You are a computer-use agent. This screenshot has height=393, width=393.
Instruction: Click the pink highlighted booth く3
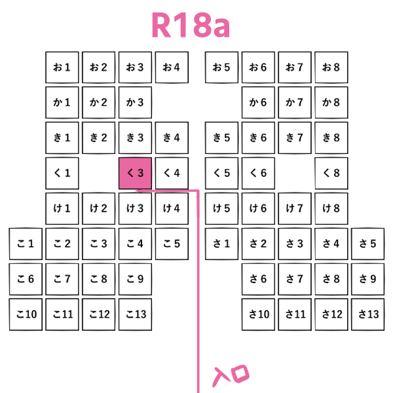pyautogui.click(x=135, y=174)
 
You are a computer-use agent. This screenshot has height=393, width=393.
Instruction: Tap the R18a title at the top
pyautogui.click(x=190, y=26)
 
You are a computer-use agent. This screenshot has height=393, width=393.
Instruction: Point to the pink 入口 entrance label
pyautogui.click(x=233, y=376)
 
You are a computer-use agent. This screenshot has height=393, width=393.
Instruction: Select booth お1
pyautogui.click(x=62, y=67)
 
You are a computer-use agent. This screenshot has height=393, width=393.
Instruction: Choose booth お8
pyautogui.click(x=331, y=67)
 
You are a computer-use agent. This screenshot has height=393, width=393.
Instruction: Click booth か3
pyautogui.click(x=135, y=103)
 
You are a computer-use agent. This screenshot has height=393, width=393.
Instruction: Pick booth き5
pyautogui.click(x=221, y=138)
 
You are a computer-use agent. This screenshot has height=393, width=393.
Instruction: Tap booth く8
pyautogui.click(x=331, y=174)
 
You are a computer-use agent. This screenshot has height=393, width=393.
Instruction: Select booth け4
pyautogui.click(x=172, y=209)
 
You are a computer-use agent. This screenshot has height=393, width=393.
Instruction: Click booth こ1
pyautogui.click(x=26, y=244)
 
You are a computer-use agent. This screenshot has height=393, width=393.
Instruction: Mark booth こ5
pyautogui.click(x=172, y=244)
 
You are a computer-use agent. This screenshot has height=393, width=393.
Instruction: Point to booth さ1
pyautogui.click(x=221, y=244)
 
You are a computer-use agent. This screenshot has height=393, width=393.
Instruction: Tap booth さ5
pyautogui.click(x=367, y=244)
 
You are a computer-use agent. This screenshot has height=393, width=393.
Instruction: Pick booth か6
pyautogui.click(x=258, y=103)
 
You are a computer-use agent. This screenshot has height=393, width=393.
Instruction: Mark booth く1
pyautogui.click(x=62, y=174)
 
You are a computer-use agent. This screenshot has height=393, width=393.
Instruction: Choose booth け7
pyautogui.click(x=294, y=209)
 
